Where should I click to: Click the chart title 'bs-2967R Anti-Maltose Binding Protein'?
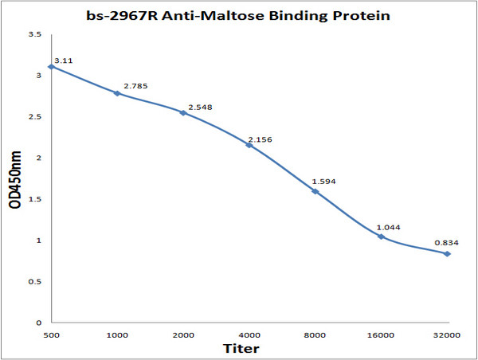(239, 15)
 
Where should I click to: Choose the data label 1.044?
(390, 227)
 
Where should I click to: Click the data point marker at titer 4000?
(249, 145)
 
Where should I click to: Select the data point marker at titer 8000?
(315, 191)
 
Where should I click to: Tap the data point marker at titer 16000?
(381, 237)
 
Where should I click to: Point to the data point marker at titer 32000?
(447, 254)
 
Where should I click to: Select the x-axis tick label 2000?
(183, 336)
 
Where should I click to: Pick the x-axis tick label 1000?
(117, 336)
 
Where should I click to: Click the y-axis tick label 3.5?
(36, 34)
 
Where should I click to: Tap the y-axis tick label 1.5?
(36, 199)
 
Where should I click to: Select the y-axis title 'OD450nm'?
(15, 178)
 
